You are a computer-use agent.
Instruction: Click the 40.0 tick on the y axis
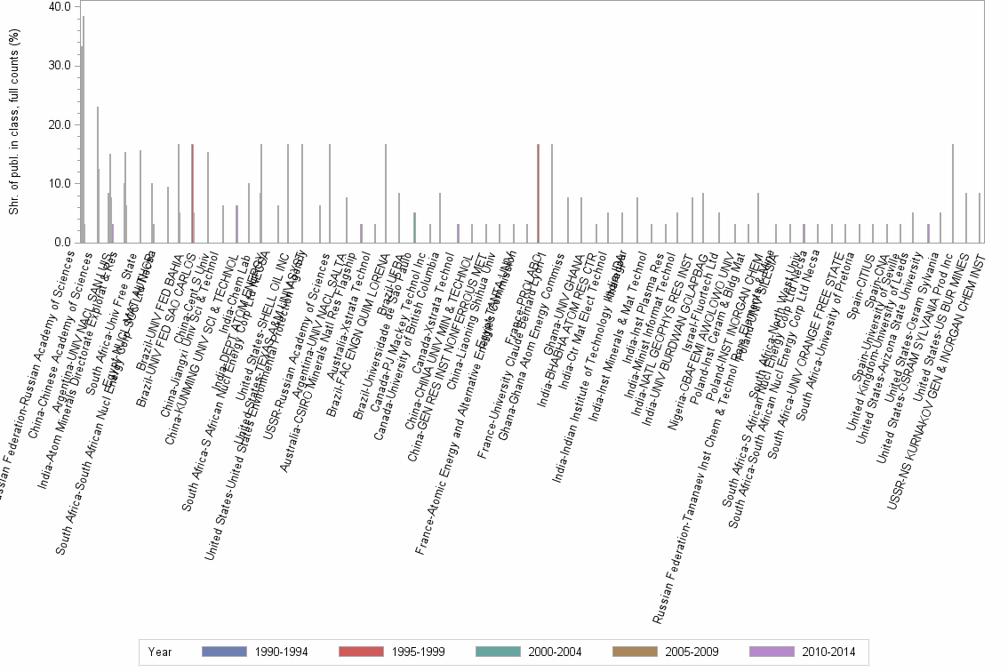click(60, 7)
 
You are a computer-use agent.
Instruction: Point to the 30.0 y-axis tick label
click(60, 66)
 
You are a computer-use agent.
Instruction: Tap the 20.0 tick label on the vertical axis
click(60, 124)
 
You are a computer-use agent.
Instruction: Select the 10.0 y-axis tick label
click(60, 184)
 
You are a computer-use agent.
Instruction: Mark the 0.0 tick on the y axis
click(63, 243)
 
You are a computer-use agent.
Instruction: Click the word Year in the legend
click(161, 652)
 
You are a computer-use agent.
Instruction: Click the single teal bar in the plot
click(414, 228)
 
